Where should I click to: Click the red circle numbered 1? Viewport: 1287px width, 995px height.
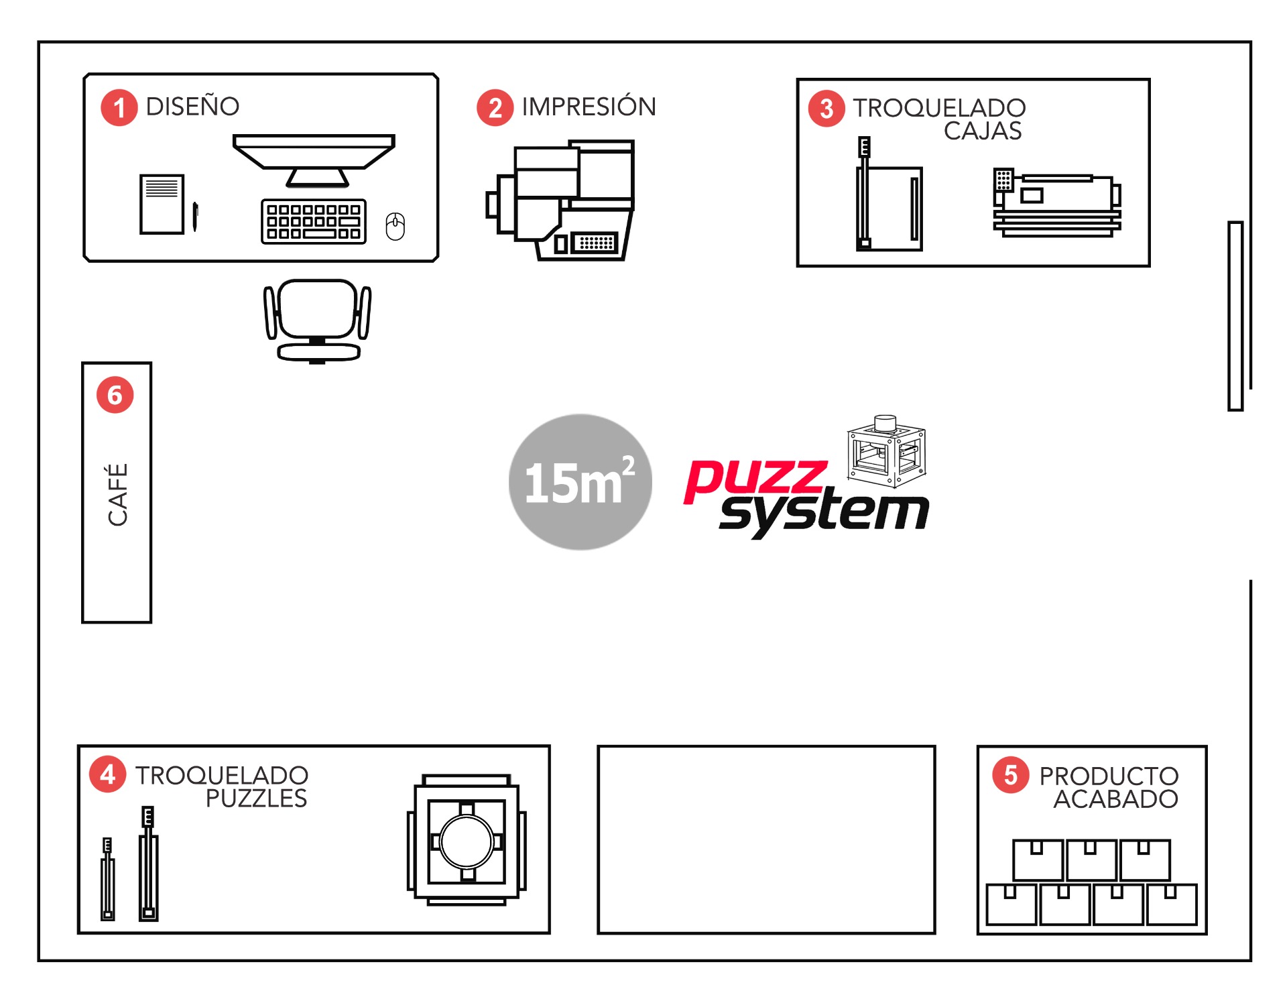click(x=119, y=107)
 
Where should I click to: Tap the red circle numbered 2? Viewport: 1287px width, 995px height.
click(x=495, y=107)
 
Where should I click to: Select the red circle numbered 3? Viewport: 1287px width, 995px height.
click(x=826, y=109)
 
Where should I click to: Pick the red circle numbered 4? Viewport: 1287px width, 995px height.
click(x=108, y=775)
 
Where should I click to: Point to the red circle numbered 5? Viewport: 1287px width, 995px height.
click(x=1011, y=776)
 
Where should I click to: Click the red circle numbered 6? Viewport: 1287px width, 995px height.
click(x=115, y=395)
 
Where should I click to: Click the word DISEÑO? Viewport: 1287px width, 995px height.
click(x=192, y=107)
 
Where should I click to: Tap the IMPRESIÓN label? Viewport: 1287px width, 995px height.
click(x=589, y=107)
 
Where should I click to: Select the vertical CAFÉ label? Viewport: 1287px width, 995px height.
click(x=118, y=494)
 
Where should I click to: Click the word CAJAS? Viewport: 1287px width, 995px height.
click(x=983, y=131)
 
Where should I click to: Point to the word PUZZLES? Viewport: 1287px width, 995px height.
click(x=256, y=799)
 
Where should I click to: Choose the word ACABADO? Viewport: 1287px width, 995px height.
click(x=1115, y=799)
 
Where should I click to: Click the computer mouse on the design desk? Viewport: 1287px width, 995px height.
click(x=395, y=227)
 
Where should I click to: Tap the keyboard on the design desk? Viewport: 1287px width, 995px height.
click(x=314, y=221)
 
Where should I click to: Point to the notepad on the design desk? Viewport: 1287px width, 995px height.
click(x=162, y=204)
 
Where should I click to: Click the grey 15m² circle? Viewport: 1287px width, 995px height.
click(x=580, y=482)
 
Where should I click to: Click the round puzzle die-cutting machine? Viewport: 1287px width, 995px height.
click(x=467, y=841)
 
